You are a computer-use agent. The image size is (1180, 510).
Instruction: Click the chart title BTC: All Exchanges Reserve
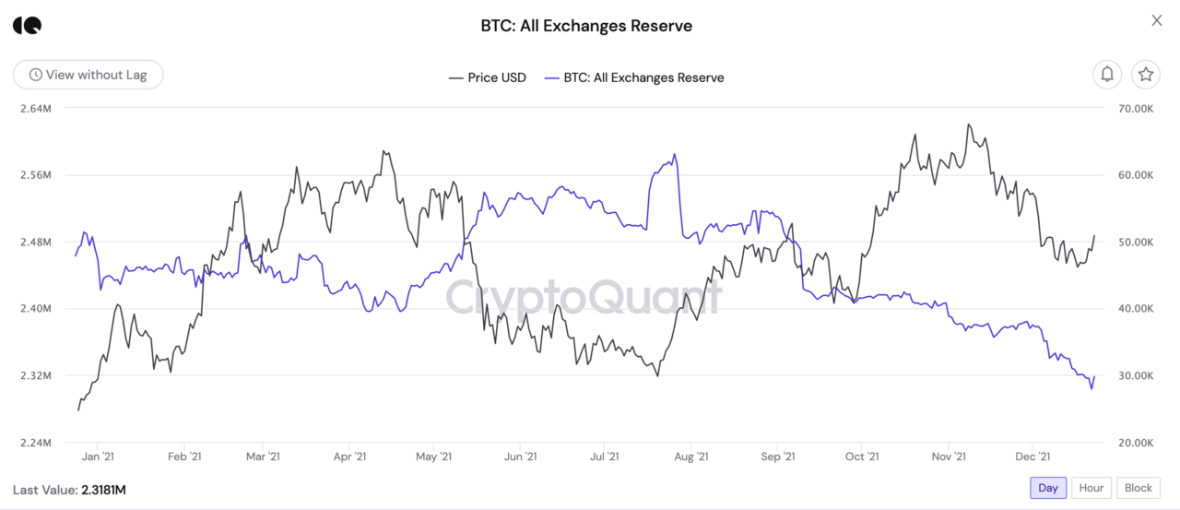pyautogui.click(x=586, y=26)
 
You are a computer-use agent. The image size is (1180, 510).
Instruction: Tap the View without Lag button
pyautogui.click(x=88, y=75)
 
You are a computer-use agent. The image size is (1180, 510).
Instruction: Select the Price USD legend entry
pyautogui.click(x=488, y=77)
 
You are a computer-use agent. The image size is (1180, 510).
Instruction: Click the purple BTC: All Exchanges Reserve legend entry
pyautogui.click(x=634, y=77)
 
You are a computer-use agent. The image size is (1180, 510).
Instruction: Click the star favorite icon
pyautogui.click(x=1146, y=75)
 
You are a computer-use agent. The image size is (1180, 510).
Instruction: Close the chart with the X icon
pyautogui.click(x=1157, y=20)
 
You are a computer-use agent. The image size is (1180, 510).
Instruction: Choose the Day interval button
pyautogui.click(x=1048, y=488)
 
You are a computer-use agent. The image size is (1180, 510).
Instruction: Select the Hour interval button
pyautogui.click(x=1091, y=488)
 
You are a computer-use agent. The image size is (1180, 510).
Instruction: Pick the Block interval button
pyautogui.click(x=1139, y=488)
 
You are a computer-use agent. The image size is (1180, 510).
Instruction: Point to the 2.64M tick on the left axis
pyautogui.click(x=35, y=108)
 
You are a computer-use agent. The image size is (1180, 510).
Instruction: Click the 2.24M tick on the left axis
pyautogui.click(x=35, y=443)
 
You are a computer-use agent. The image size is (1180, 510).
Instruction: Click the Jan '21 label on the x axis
pyautogui.click(x=97, y=457)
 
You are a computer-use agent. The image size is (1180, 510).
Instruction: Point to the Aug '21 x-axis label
pyautogui.click(x=690, y=457)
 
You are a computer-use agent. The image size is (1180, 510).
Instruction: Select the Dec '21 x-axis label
pyautogui.click(x=1032, y=457)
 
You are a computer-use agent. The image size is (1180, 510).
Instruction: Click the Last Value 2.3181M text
pyautogui.click(x=69, y=490)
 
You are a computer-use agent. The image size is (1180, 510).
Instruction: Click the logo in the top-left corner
pyautogui.click(x=28, y=25)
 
